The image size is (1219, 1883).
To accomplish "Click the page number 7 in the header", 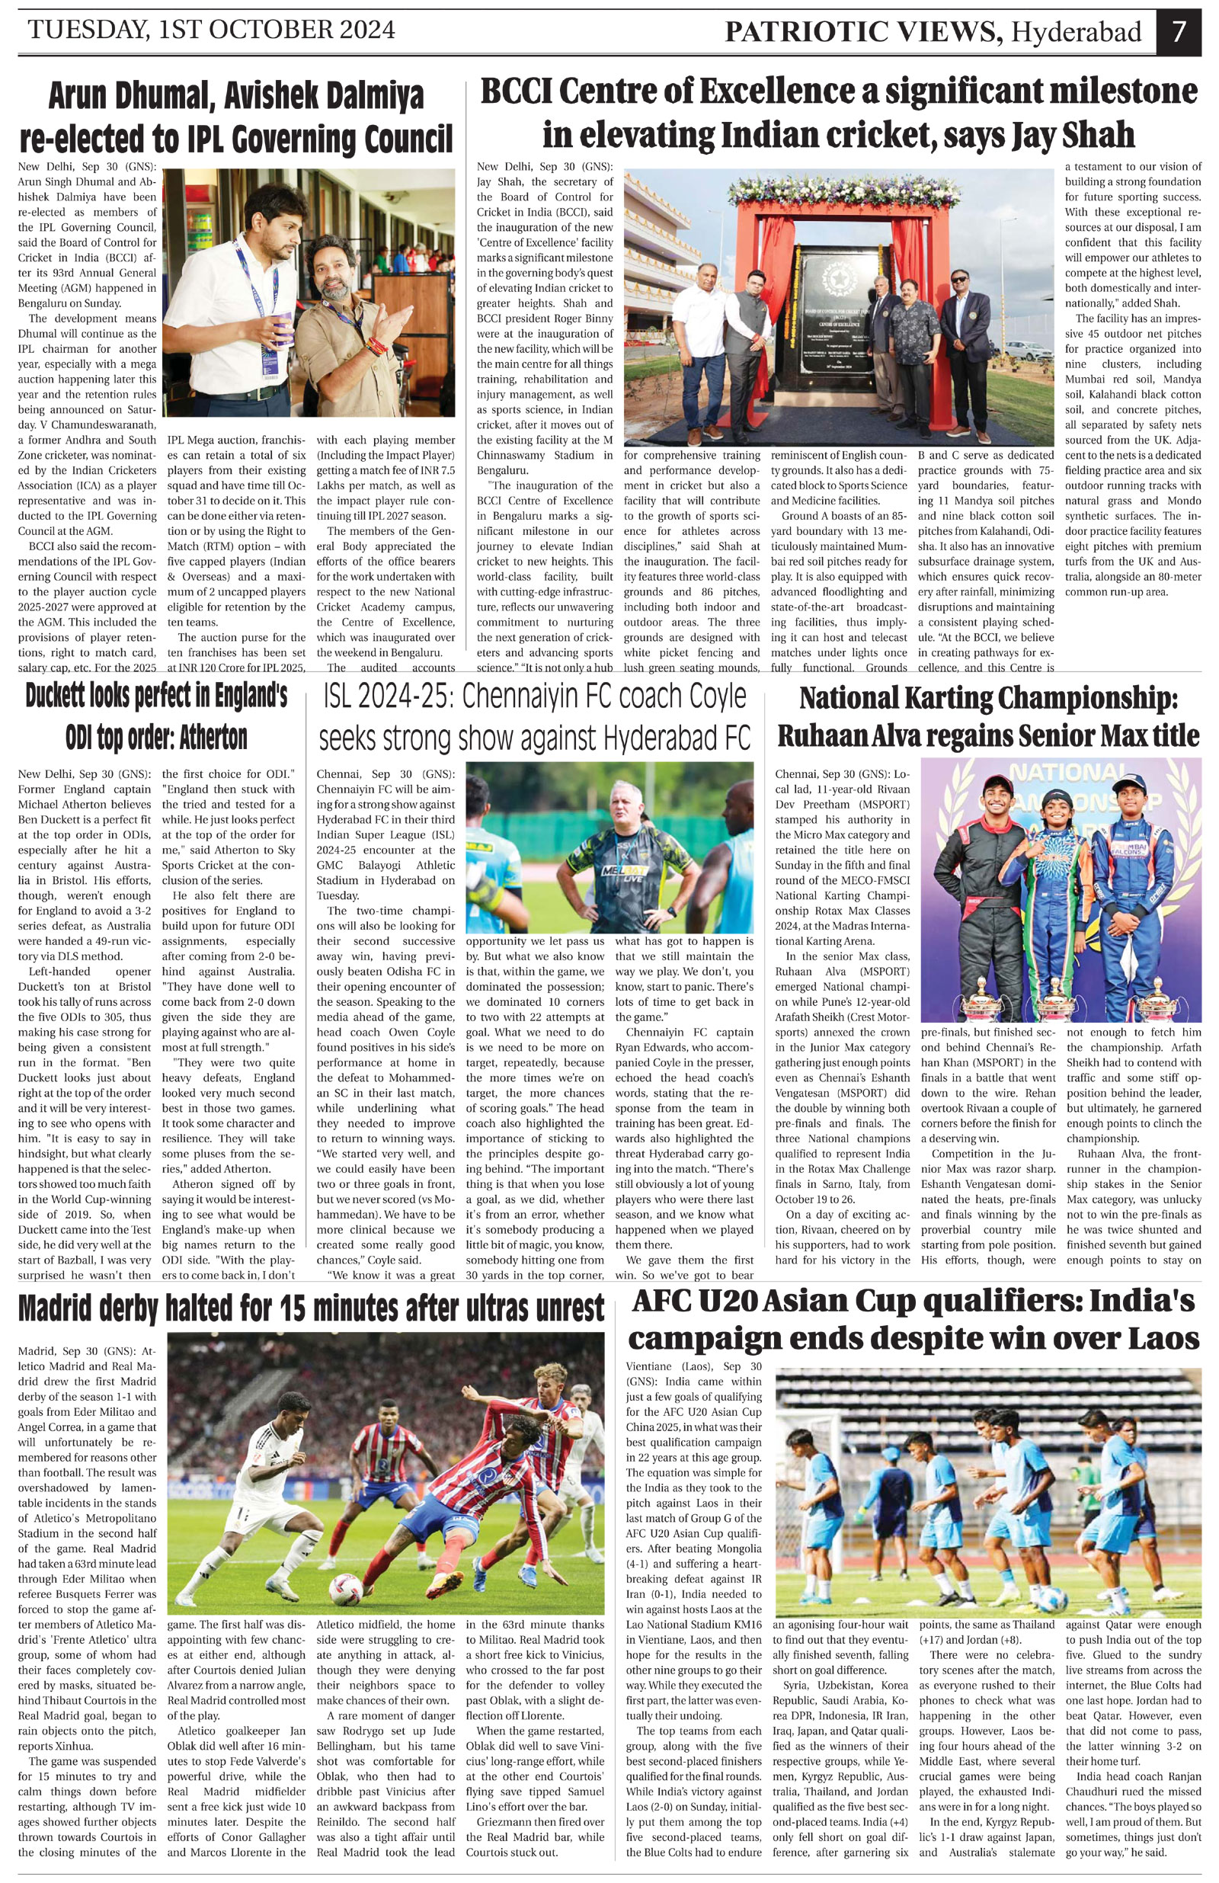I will coord(1179,33).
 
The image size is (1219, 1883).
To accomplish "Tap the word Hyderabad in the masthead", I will coord(1077,33).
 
